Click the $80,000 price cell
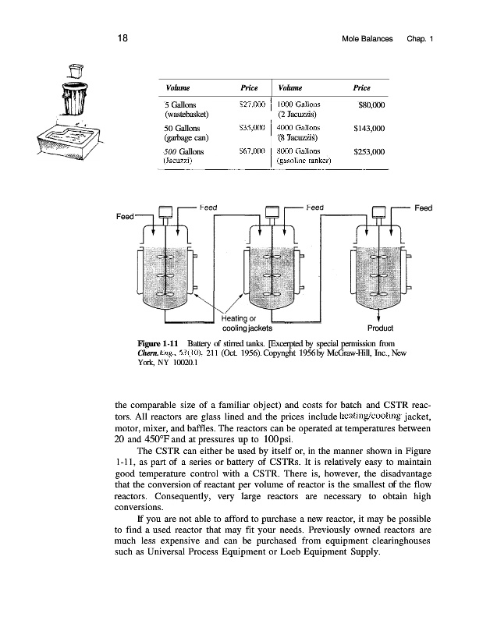(x=371, y=103)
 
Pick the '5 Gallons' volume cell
(x=180, y=103)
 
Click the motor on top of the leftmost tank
(x=164, y=211)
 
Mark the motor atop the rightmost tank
(x=379, y=211)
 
